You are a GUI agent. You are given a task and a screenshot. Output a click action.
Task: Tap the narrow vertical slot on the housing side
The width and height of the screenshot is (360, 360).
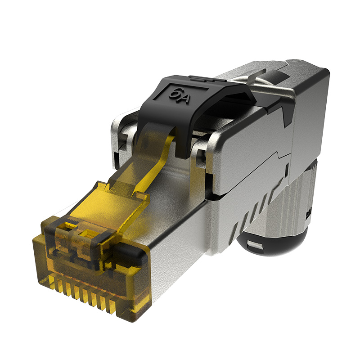click(287, 170)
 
